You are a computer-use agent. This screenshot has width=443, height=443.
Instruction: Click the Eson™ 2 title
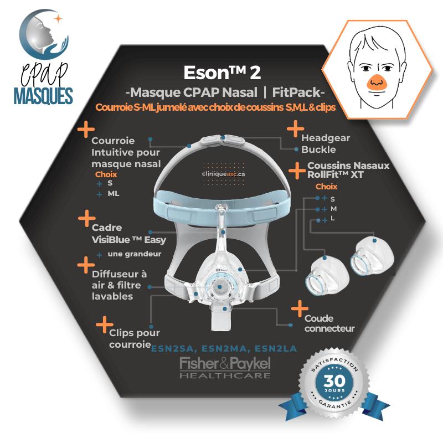click(x=222, y=73)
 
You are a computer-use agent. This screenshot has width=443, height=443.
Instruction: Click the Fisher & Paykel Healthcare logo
click(x=225, y=367)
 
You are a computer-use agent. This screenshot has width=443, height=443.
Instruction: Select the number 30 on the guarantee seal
click(x=334, y=380)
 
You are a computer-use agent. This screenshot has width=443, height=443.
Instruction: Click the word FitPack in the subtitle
click(x=296, y=92)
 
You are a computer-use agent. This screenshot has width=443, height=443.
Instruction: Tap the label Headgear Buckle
click(x=326, y=143)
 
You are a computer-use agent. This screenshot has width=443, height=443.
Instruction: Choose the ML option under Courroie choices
click(x=114, y=193)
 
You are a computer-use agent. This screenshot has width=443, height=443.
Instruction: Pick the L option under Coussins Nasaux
click(x=333, y=218)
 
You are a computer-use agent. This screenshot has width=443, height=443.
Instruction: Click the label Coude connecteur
click(x=329, y=323)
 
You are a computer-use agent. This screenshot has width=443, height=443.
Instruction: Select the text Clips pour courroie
click(x=135, y=338)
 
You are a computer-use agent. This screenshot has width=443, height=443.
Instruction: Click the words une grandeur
click(x=135, y=254)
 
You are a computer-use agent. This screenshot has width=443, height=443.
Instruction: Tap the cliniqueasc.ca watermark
click(x=224, y=174)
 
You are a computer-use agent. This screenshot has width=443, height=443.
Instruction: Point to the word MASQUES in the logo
click(x=43, y=95)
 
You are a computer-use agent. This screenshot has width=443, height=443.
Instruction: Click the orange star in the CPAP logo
click(x=58, y=19)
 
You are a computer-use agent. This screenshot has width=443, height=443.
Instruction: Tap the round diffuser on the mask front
click(x=219, y=287)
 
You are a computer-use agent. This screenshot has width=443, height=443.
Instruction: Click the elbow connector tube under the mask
click(x=221, y=318)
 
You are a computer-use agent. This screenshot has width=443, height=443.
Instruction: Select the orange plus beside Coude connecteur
click(x=300, y=308)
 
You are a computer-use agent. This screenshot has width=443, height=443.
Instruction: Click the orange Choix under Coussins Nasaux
click(x=326, y=187)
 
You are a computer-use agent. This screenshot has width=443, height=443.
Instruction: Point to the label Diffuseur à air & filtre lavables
click(x=119, y=285)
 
